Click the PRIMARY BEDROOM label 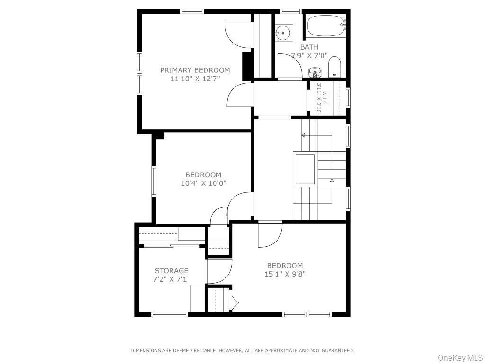point(195,70)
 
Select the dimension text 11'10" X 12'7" point(195,78)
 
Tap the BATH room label point(309,47)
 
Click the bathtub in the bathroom point(326,26)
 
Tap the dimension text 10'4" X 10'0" point(203,183)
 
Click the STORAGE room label point(171,271)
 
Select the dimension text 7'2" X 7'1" point(171,279)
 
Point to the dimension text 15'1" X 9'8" point(285,274)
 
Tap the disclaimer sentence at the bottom point(242,350)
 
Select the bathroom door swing point(289,66)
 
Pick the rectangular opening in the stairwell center point(305,169)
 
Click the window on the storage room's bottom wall point(169,314)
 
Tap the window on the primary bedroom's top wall point(192,11)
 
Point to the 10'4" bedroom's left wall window point(153,181)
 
